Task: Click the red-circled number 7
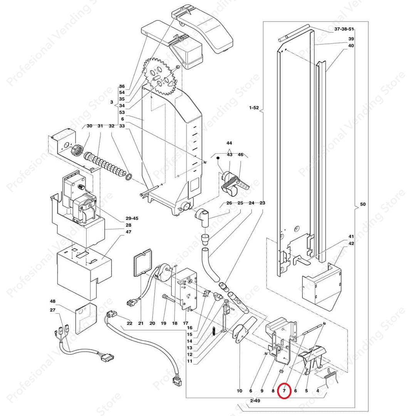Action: coord(284,391)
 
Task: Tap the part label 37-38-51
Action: coord(344,29)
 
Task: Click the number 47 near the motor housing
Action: coord(128,232)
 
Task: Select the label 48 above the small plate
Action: coord(53,301)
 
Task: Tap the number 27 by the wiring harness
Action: coord(53,310)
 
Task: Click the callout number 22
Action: coord(129,323)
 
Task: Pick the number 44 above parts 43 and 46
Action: coord(229,143)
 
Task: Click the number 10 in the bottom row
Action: coord(240,391)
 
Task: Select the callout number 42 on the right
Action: coord(351,243)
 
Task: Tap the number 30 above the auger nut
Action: coord(89,126)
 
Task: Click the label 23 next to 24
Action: coord(263,203)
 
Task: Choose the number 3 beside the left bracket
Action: coord(111,102)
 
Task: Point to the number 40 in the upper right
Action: coord(351,45)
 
